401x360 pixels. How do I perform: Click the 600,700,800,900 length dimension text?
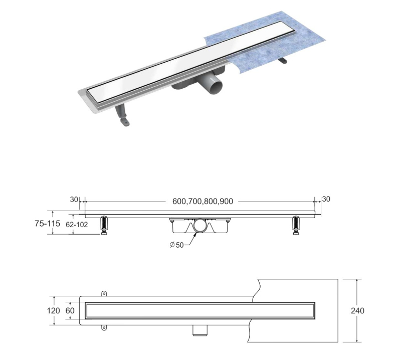(x=203, y=202)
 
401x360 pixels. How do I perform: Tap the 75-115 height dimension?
(x=48, y=223)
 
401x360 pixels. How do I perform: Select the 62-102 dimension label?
(x=77, y=225)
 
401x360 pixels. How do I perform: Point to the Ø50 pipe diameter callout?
(x=177, y=245)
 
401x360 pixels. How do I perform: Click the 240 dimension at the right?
(x=357, y=311)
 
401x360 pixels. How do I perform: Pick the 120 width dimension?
(x=54, y=311)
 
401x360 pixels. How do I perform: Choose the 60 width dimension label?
(x=70, y=311)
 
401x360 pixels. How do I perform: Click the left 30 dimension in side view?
(x=74, y=199)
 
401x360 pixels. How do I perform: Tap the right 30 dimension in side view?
(x=326, y=199)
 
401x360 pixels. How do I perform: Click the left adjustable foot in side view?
(x=104, y=225)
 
